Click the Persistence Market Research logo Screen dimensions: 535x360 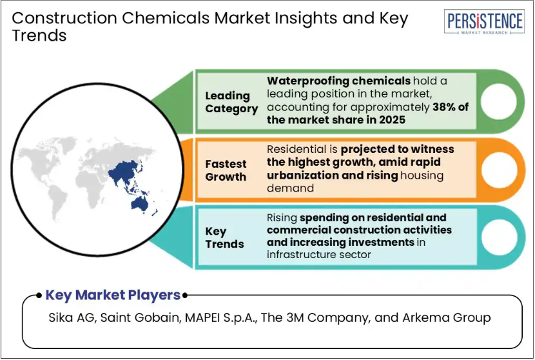click(484, 22)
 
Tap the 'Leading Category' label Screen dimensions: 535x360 click(231, 102)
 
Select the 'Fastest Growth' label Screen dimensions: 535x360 click(226, 170)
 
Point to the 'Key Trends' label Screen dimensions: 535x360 click(224, 237)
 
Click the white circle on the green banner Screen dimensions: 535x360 click(498, 101)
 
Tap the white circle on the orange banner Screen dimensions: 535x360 click(498, 170)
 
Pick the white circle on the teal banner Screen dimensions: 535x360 click(498, 237)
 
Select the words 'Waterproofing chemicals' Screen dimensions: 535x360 click(338, 81)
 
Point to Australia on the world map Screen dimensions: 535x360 click(139, 203)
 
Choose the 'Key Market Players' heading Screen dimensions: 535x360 click(113, 295)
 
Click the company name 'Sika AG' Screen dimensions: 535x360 click(73, 317)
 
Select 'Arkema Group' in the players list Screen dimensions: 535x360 click(446, 317)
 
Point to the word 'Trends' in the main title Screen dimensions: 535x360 click(39, 35)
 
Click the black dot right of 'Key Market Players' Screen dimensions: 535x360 click(184, 295)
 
